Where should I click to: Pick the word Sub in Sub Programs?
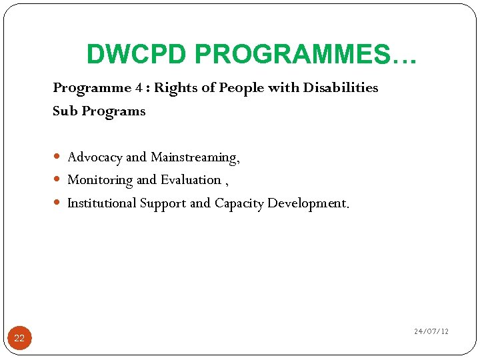point(65,111)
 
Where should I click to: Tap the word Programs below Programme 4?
point(113,111)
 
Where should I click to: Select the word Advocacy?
point(95,157)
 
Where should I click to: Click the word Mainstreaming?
point(195,157)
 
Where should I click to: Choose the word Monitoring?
point(100,180)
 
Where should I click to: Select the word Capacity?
point(239,203)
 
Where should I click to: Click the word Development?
point(307,203)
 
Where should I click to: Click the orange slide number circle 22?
point(19,338)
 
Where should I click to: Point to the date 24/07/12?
point(431,331)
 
